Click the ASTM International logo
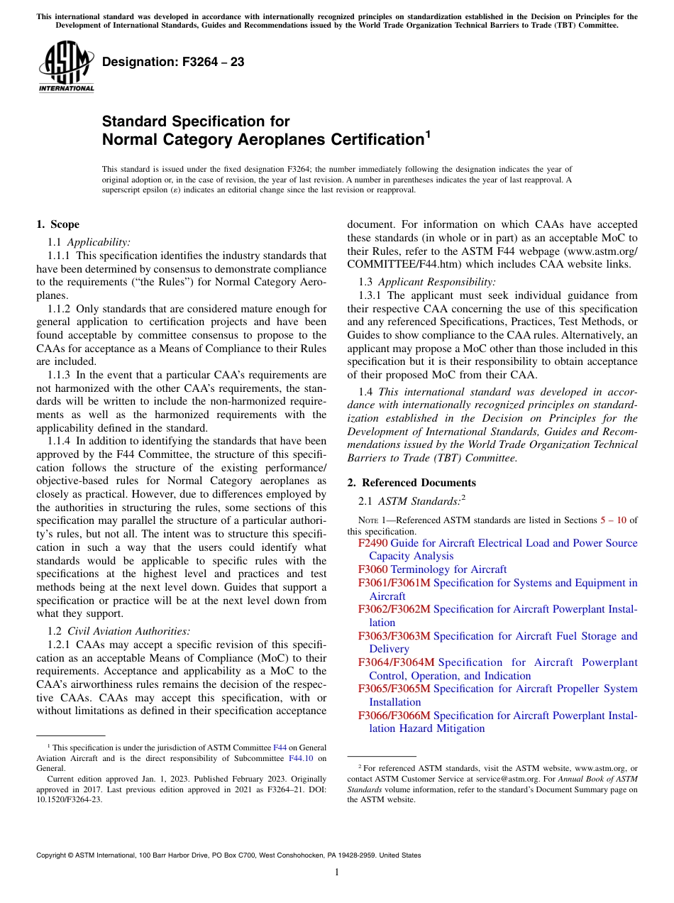[x=66, y=67]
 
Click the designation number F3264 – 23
[x=173, y=62]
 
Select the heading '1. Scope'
[x=58, y=224]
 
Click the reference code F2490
[x=372, y=543]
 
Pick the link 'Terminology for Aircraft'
[x=448, y=569]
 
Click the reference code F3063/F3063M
[x=394, y=636]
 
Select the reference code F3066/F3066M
[x=394, y=716]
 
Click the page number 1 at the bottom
[x=337, y=872]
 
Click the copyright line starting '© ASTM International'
[x=228, y=855]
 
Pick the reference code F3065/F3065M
[x=394, y=689]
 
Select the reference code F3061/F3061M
[x=394, y=583]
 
